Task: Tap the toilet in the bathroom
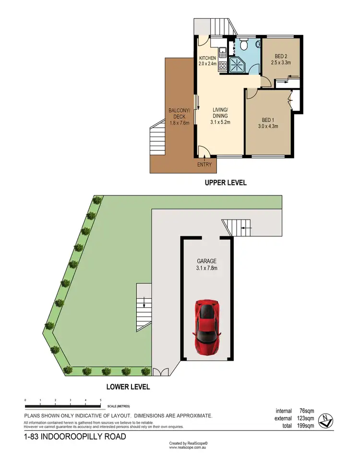244,46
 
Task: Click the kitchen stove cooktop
223,66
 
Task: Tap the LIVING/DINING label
220,116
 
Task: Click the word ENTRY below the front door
204,165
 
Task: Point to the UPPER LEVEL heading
225,183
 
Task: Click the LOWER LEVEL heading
129,386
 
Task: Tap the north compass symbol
326,420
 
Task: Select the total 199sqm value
306,425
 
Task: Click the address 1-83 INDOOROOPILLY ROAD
75,437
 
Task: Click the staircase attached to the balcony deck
157,139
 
